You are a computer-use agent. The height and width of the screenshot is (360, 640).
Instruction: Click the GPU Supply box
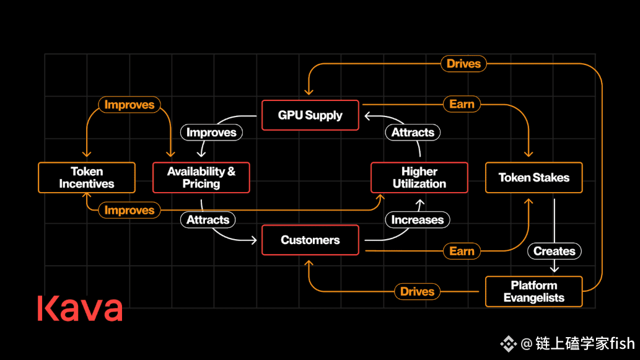[310, 115]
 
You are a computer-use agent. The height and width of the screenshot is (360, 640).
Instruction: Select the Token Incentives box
[87, 178]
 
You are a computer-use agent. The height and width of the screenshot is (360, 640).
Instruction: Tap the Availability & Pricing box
[201, 178]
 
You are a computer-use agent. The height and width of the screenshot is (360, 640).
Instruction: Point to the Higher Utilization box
[419, 178]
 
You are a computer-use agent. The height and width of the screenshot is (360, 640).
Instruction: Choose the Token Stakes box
[533, 178]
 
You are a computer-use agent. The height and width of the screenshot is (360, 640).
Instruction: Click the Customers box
[310, 240]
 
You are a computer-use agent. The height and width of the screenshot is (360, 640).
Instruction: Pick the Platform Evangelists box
[533, 292]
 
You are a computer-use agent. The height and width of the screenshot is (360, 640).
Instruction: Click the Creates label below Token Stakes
[555, 251]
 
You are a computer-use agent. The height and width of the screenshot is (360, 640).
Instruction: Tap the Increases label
[417, 219]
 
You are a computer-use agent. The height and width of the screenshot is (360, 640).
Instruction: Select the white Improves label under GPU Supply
[211, 132]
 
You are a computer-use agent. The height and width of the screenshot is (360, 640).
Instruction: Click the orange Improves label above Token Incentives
[129, 105]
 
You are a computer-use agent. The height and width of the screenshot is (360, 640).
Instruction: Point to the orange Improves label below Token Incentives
[129, 210]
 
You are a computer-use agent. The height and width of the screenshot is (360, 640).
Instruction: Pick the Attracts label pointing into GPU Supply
[413, 132]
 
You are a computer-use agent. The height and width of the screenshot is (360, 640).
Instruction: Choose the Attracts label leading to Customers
[208, 219]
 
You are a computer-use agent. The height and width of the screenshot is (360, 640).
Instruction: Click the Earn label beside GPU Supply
[462, 104]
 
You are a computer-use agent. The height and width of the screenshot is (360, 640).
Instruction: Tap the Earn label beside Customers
[462, 251]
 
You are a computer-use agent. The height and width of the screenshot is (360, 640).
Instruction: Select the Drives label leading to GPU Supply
[463, 63]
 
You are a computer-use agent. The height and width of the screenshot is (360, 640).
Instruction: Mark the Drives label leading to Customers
[417, 291]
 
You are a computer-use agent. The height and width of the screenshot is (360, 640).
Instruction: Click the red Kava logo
[80, 309]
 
